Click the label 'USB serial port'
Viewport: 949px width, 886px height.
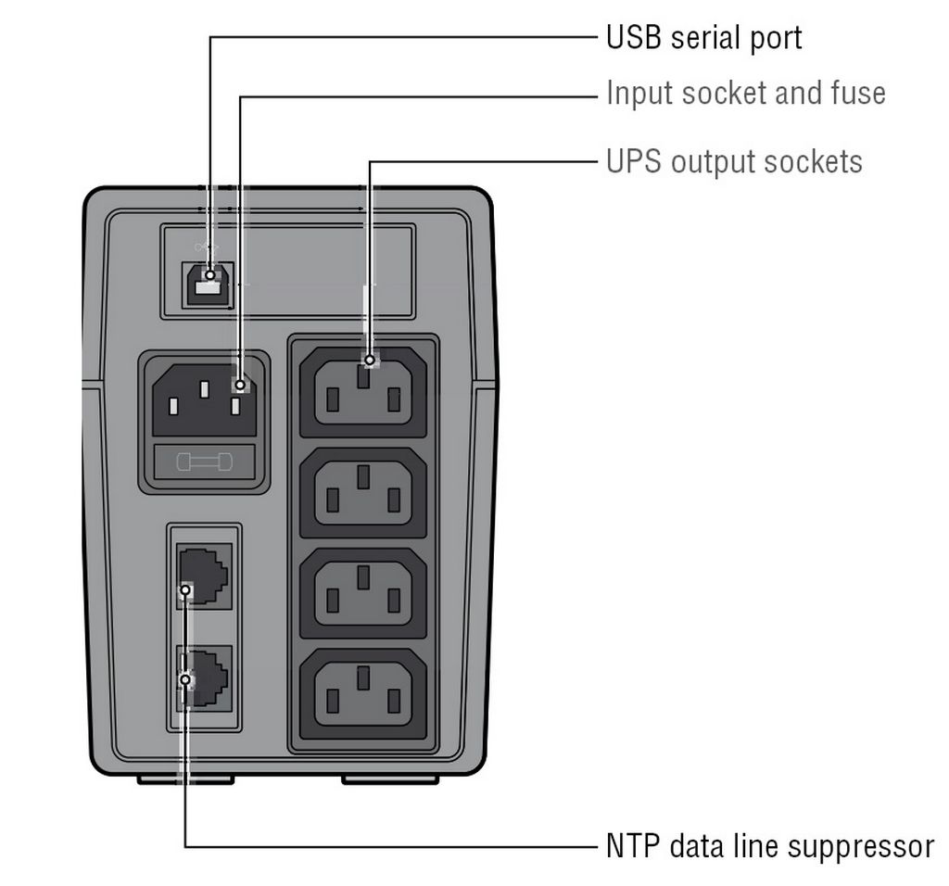click(x=704, y=38)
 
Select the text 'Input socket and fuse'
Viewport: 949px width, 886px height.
click(x=746, y=94)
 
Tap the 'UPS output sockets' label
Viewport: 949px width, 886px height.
click(x=734, y=162)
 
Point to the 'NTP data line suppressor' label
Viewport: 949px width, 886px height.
click(x=770, y=846)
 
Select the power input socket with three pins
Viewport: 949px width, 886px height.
click(x=205, y=399)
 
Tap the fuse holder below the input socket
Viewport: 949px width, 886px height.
click(x=205, y=462)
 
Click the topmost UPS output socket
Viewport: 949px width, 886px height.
click(x=363, y=392)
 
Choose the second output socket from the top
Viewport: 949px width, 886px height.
click(x=363, y=493)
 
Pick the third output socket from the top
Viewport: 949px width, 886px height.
click(x=363, y=593)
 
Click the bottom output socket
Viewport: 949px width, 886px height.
click(x=363, y=693)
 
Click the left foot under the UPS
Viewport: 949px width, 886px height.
click(x=185, y=779)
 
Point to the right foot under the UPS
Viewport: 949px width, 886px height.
click(x=390, y=779)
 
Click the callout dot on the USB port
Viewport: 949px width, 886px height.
click(x=210, y=275)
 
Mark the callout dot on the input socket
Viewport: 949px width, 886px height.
click(x=240, y=385)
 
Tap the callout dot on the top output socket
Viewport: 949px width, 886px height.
click(x=370, y=361)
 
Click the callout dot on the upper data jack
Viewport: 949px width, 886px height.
click(x=185, y=590)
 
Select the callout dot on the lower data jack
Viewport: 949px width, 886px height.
click(x=185, y=680)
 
